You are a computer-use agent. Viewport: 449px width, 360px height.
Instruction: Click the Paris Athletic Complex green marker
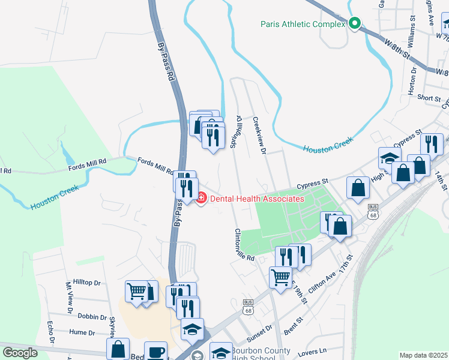pos(354,23)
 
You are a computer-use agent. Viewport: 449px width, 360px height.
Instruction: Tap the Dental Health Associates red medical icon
pos(200,197)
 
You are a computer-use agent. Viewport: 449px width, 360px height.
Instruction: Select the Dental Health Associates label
pos(256,199)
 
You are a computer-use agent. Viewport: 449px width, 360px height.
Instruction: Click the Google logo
pos(20,352)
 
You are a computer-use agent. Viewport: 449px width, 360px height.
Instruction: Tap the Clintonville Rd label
pos(246,245)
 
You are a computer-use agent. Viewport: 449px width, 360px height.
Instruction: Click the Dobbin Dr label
pos(92,316)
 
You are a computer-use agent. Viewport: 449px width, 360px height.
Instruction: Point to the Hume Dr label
pos(82,332)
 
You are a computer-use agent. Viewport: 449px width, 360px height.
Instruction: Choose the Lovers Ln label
pos(314,350)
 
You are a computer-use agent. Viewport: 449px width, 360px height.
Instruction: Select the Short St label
pos(429,98)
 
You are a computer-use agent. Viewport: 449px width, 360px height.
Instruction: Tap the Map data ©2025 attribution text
pos(423,355)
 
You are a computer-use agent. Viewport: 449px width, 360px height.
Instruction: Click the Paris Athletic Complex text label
pos(303,25)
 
